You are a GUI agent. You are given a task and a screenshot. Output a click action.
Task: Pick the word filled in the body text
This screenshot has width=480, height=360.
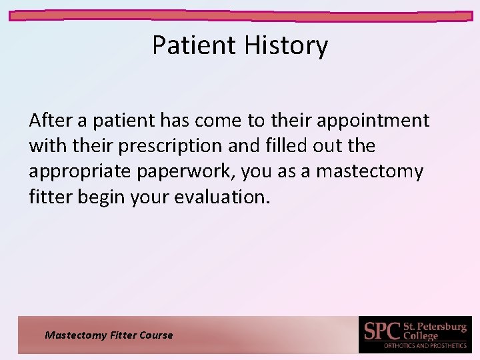[264, 146]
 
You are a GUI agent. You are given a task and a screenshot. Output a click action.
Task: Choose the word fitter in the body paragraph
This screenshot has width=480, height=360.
[49, 197]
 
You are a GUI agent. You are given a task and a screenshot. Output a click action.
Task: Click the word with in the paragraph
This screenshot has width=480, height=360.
[45, 146]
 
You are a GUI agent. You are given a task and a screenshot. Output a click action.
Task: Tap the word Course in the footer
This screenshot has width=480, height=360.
[156, 335]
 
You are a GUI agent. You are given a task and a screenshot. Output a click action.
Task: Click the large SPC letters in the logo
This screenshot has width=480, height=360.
[382, 331]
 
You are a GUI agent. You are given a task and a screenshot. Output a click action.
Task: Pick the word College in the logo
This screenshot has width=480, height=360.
[421, 336]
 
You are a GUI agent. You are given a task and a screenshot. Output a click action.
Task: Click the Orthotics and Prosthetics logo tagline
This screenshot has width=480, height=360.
[425, 346]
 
